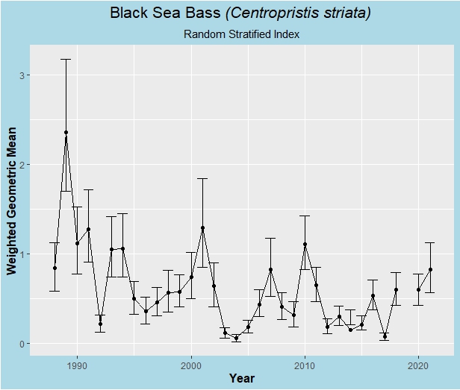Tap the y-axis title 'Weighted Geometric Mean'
(13, 201)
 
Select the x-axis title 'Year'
(241, 378)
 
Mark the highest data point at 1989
(66, 133)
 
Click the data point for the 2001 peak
(202, 228)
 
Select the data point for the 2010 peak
(305, 245)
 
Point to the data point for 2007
(270, 270)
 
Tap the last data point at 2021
(430, 269)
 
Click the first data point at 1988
(55, 268)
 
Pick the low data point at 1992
(100, 324)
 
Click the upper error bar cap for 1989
(66, 59)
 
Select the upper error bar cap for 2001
(202, 178)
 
